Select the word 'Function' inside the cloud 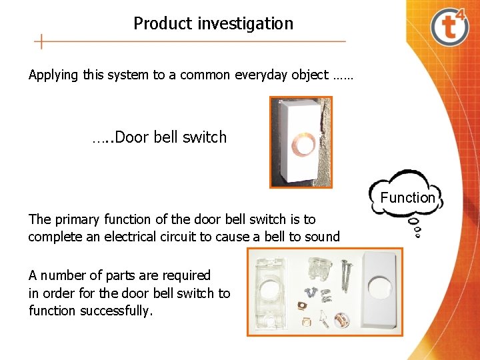[407, 197]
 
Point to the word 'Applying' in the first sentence [53, 75]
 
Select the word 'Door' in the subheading [133, 137]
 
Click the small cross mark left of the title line [42, 41]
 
